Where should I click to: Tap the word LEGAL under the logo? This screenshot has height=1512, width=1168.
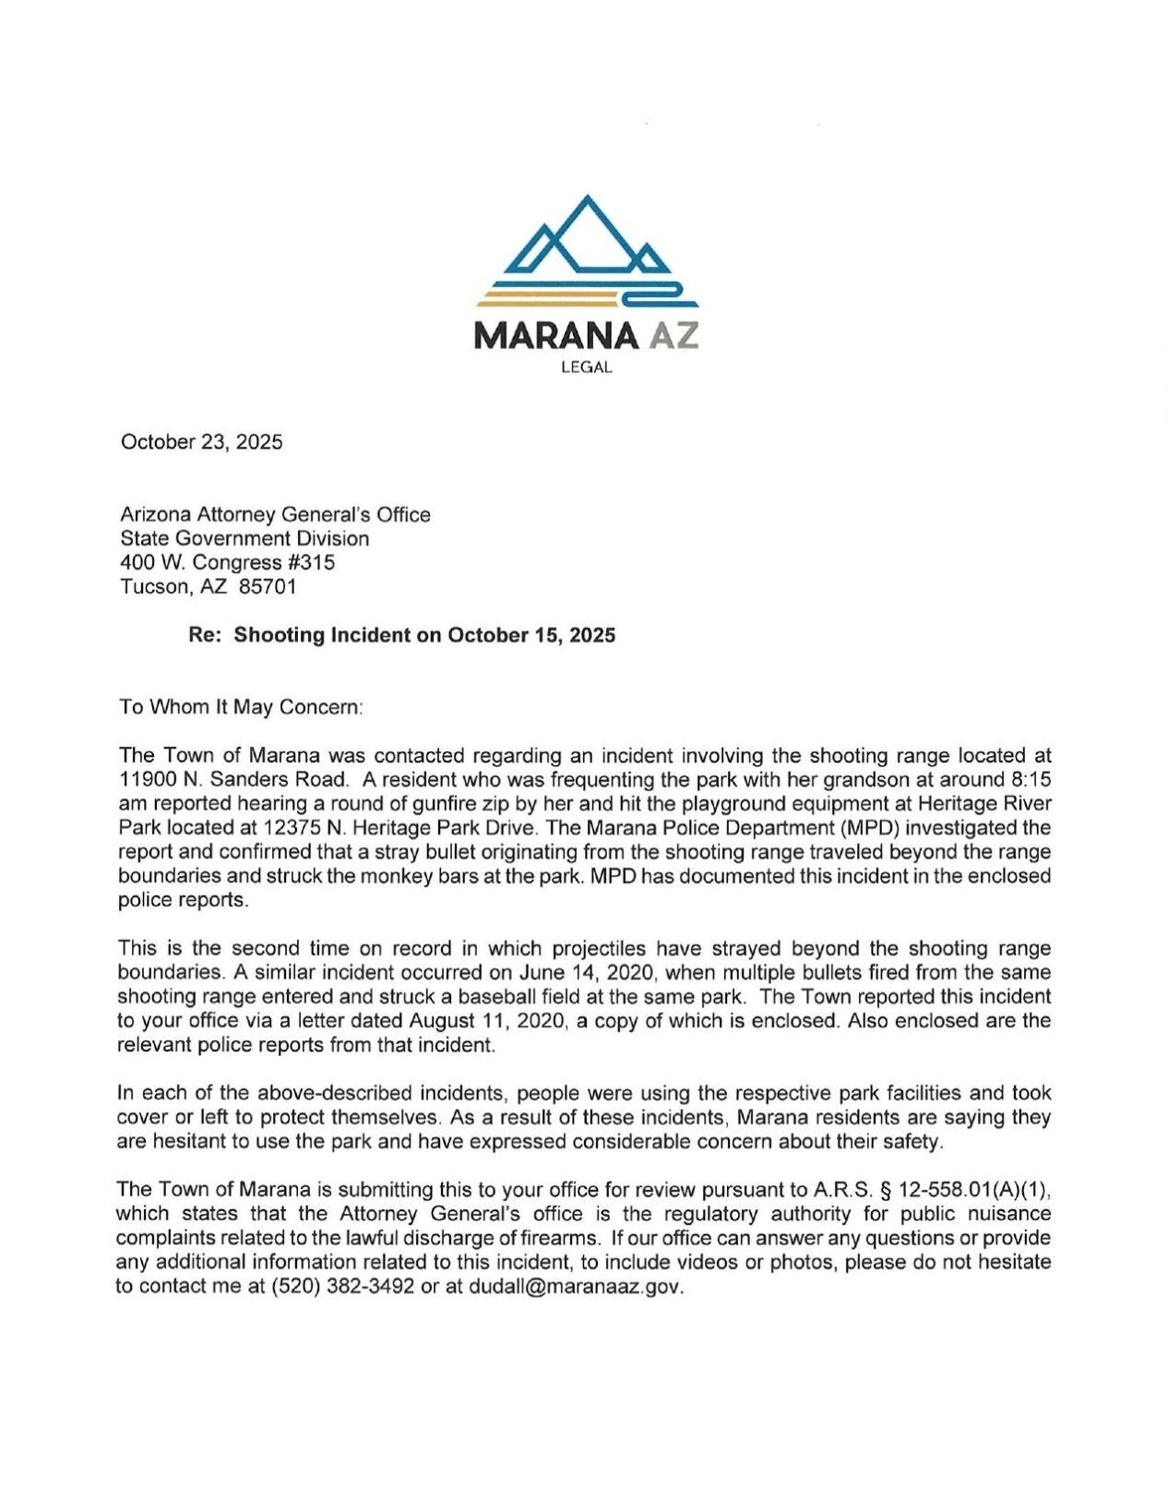point(586,367)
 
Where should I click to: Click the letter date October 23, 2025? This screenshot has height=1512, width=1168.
point(201,442)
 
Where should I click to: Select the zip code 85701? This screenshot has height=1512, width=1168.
point(268,586)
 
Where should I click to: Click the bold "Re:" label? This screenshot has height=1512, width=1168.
point(205,635)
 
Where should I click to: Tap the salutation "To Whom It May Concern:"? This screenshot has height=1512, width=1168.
point(241,707)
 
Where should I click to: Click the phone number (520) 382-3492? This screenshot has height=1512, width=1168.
point(342,1287)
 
